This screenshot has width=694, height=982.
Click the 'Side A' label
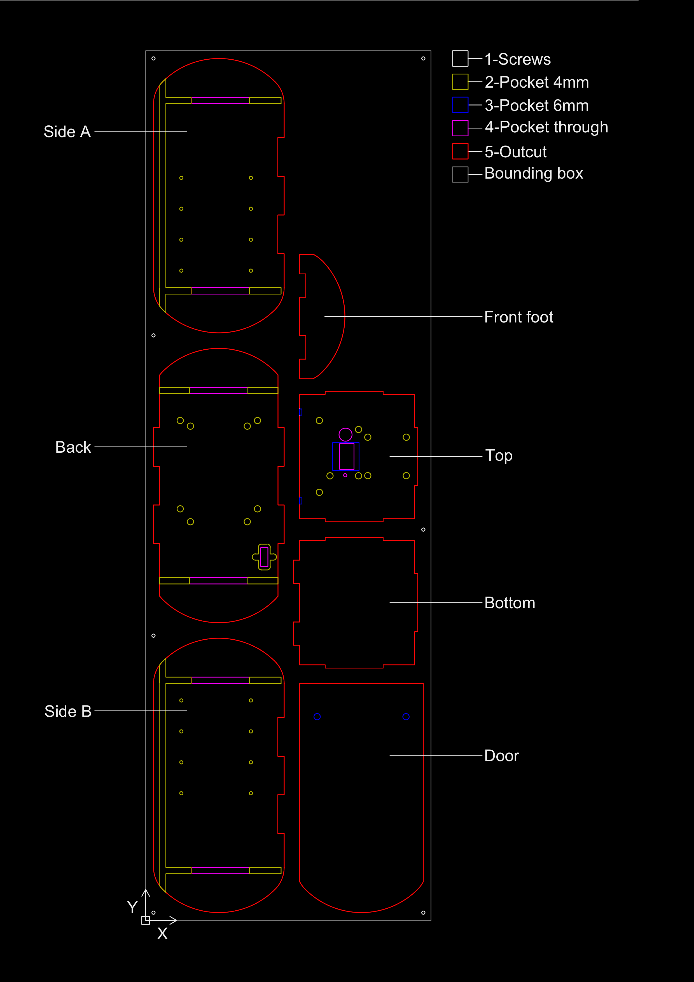pyautogui.click(x=67, y=132)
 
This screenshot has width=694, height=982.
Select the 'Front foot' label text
pyautogui.click(x=519, y=317)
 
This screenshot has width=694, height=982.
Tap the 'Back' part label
pyautogui.click(x=73, y=447)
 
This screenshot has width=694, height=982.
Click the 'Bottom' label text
pyautogui.click(x=510, y=603)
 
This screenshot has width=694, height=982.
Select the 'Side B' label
pyautogui.click(x=68, y=711)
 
